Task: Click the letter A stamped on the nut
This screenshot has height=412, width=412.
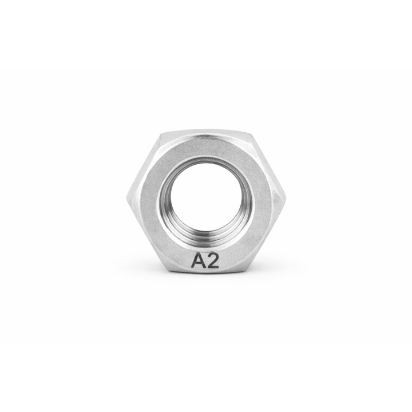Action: [x=198, y=262]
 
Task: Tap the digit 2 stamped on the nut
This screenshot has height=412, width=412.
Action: [x=213, y=262]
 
